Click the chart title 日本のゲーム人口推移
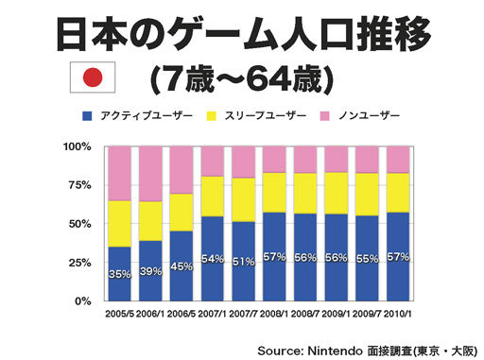pos(242,35)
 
